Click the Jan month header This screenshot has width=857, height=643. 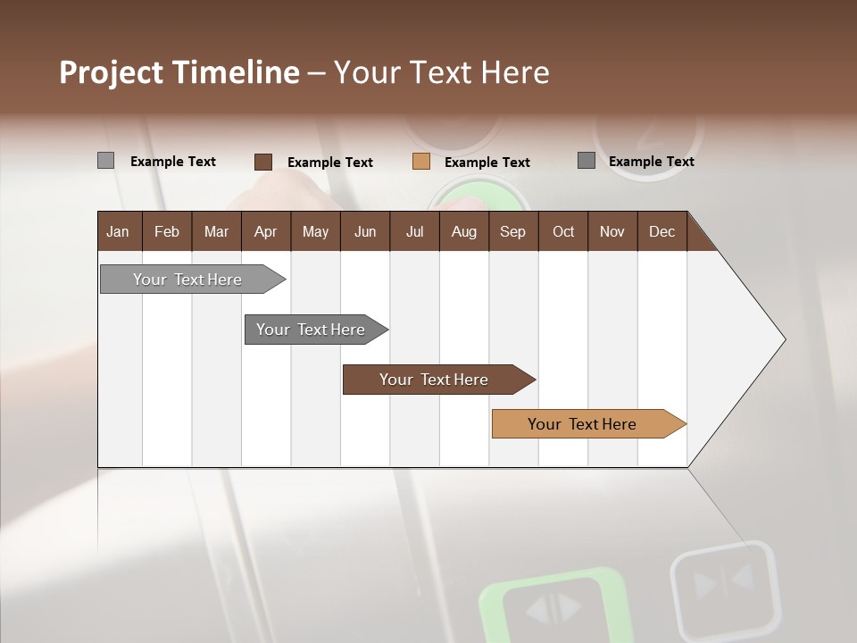click(118, 231)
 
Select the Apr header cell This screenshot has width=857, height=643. click(265, 231)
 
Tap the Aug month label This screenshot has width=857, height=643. click(463, 231)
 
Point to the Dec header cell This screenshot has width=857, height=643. click(661, 231)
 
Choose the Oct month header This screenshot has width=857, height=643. click(563, 231)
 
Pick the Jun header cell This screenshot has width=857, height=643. click(365, 231)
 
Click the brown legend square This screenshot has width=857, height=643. click(263, 162)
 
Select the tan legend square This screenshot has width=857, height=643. click(421, 162)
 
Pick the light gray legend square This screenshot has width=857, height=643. click(106, 161)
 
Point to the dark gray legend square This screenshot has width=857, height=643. click(587, 161)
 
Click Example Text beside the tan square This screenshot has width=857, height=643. click(487, 163)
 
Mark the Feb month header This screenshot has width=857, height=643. click(167, 231)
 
